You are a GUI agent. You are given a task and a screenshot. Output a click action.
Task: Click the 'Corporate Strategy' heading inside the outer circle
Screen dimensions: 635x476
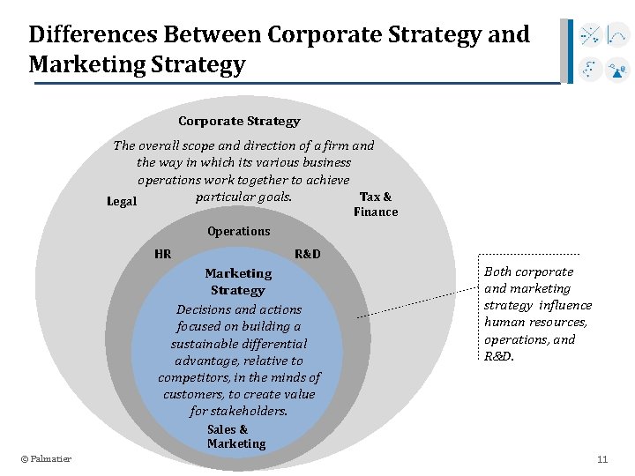239,122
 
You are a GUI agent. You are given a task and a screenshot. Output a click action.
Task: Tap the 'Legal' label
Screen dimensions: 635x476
122,202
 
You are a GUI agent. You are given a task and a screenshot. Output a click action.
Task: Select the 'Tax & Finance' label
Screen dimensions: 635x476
376,204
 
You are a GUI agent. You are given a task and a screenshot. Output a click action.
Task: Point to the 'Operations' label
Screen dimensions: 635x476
239,231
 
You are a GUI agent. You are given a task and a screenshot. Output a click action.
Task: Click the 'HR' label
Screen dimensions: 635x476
163,255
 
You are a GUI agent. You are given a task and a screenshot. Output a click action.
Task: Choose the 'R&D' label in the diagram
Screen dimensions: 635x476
308,255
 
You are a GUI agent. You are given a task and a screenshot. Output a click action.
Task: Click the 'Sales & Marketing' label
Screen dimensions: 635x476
235,436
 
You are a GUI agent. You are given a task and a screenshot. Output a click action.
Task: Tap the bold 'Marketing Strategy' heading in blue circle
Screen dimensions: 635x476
238,281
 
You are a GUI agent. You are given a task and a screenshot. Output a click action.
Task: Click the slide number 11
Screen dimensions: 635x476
602,459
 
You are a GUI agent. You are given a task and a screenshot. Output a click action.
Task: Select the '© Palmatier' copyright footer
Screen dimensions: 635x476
47,458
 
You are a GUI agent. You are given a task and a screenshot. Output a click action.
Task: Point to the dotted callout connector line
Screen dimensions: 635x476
415,300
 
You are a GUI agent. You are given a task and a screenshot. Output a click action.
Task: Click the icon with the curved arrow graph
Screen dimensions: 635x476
618,36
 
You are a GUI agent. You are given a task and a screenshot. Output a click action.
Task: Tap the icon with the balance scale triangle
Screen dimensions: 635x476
618,69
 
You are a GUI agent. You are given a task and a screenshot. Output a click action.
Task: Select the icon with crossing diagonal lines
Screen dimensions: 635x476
589,36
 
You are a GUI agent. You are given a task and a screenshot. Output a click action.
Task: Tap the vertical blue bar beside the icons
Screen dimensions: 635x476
571,51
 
